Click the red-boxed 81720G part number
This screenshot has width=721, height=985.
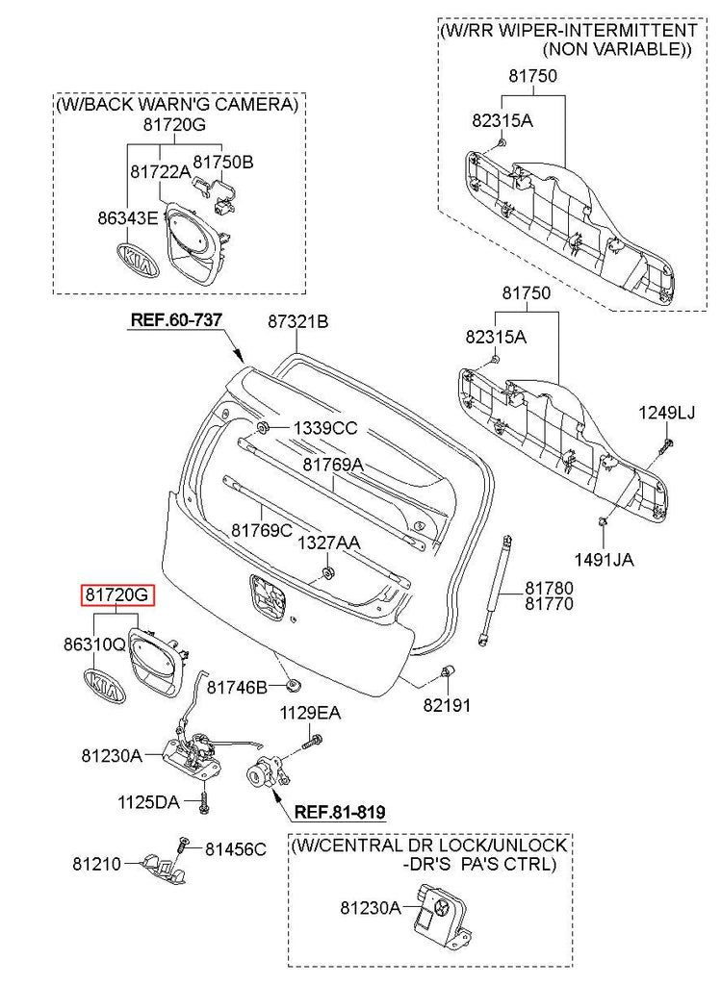tap(116, 595)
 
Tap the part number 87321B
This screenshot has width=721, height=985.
tap(297, 322)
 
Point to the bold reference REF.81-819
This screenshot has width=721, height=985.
tap(339, 812)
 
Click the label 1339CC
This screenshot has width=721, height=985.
tap(325, 427)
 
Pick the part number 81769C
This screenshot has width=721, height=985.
tap(261, 530)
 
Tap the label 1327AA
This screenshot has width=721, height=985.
tap(328, 543)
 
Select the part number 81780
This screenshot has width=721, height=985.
tap(549, 587)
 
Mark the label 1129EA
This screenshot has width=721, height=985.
tap(310, 713)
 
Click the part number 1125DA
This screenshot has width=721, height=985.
tap(148, 800)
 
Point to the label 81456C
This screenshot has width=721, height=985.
tap(235, 848)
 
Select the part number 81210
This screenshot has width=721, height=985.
tap(96, 864)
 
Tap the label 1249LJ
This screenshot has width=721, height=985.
tap(666, 413)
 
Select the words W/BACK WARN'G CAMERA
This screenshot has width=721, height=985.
tap(177, 103)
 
